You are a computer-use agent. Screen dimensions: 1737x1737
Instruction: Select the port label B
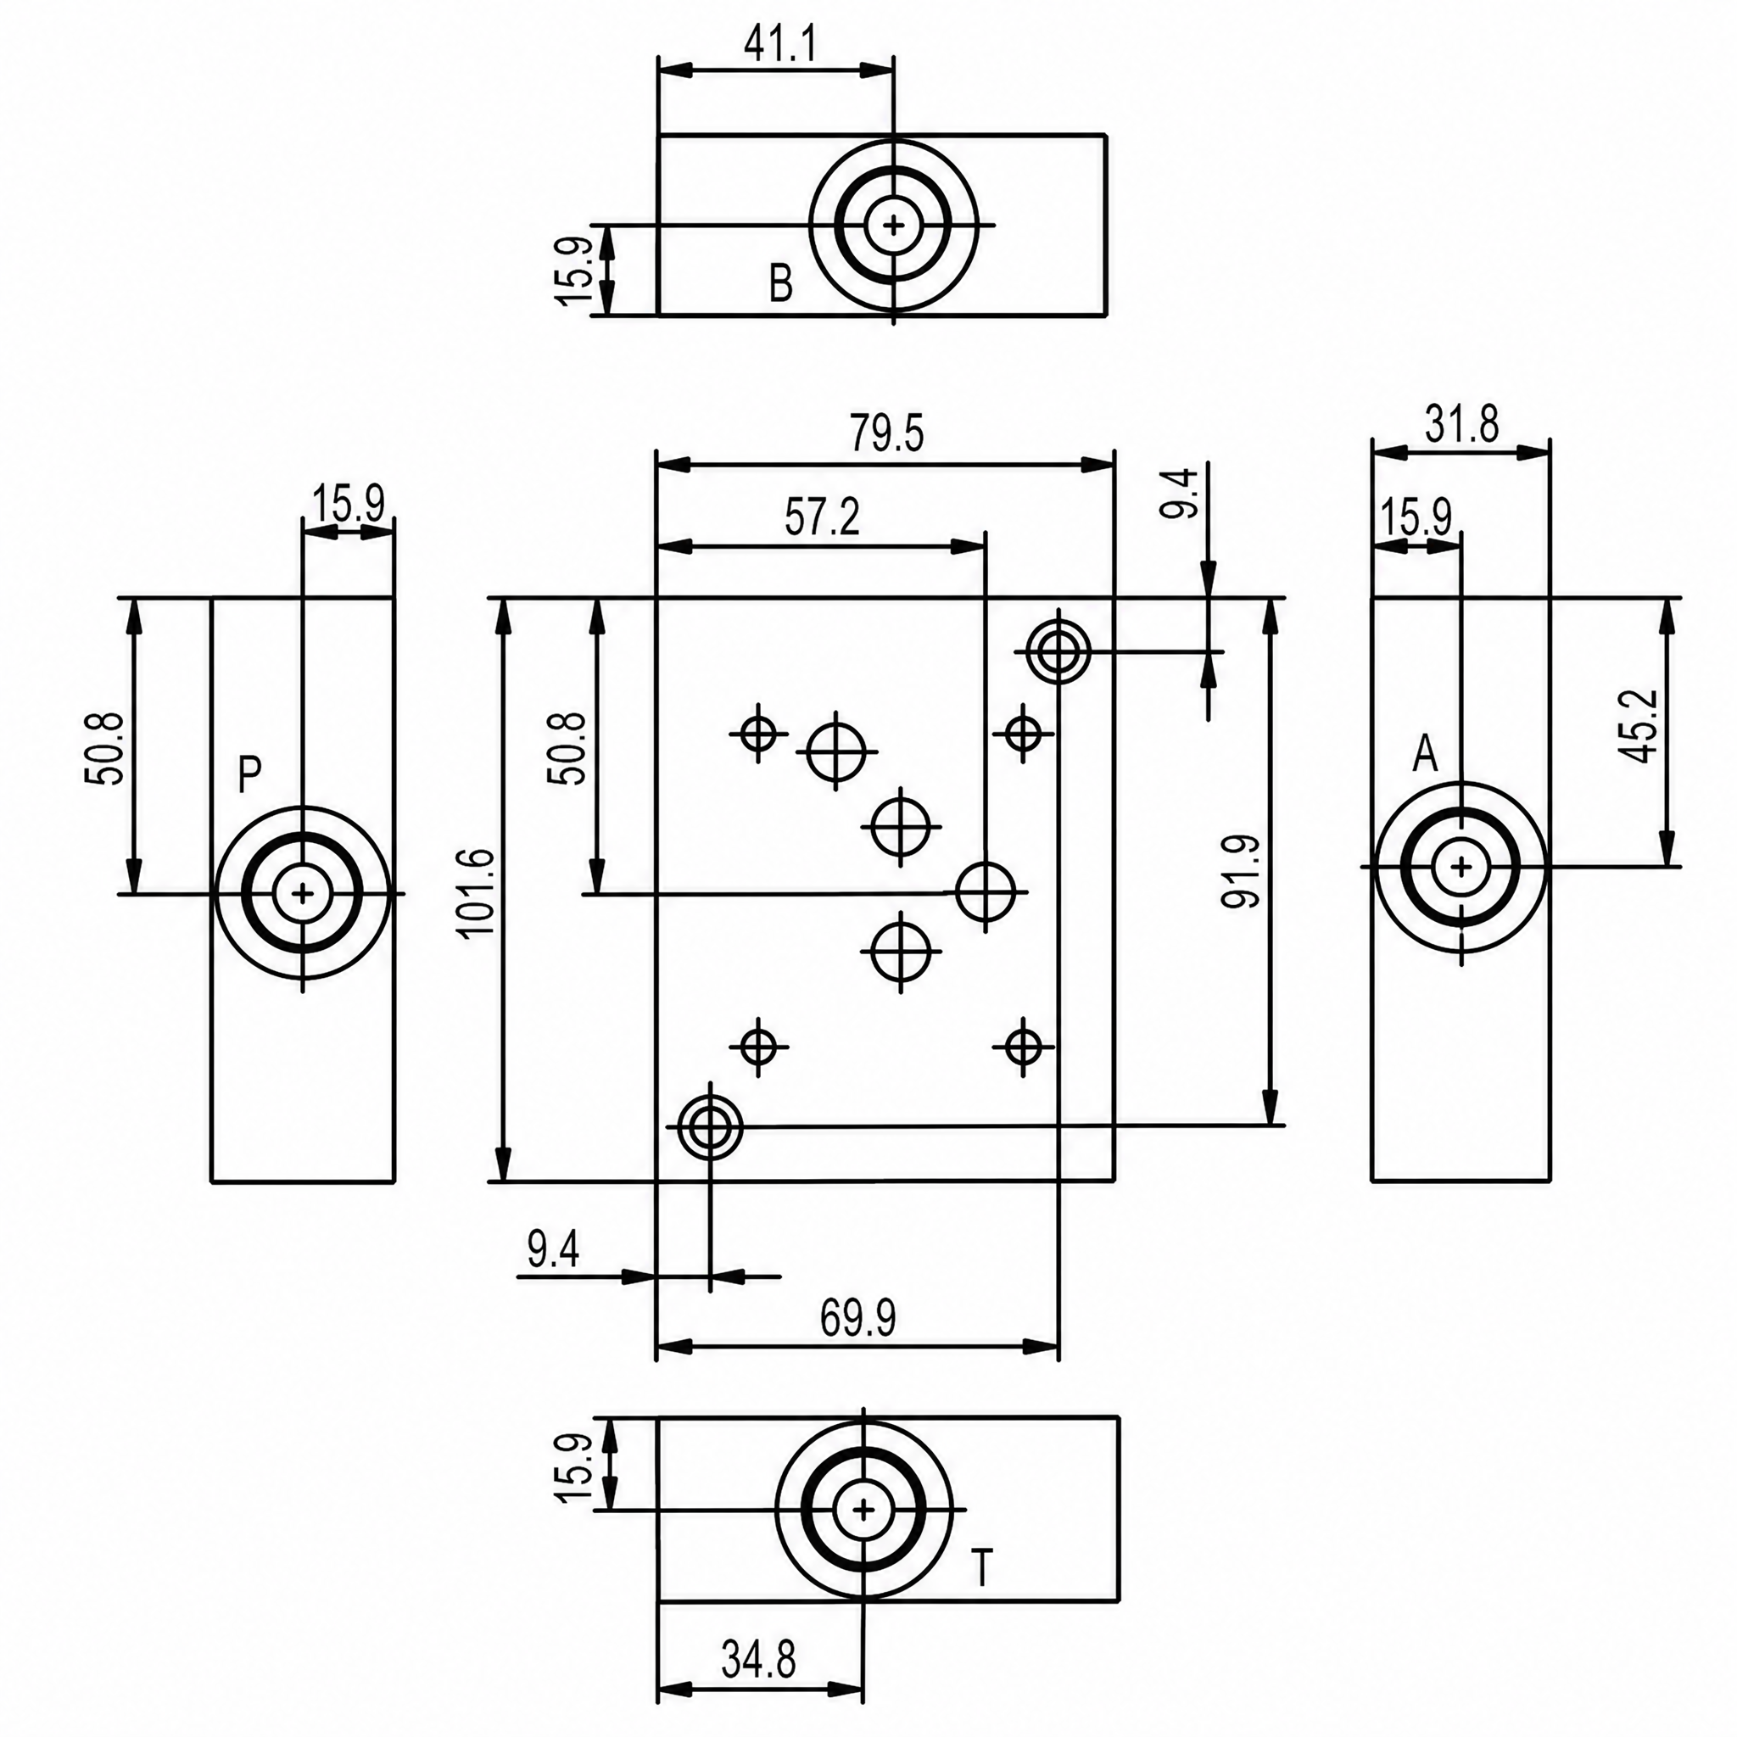(781, 284)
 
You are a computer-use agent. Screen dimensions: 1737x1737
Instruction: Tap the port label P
(250, 775)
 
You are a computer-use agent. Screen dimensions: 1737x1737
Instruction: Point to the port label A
(1425, 755)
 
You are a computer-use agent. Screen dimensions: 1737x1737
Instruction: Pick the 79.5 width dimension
(887, 434)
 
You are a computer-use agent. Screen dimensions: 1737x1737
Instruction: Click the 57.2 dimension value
(822, 519)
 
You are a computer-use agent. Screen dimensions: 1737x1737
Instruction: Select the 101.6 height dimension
(478, 893)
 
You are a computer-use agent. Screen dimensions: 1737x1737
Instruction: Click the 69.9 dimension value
(858, 1319)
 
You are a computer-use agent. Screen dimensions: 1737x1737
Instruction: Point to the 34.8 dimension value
(759, 1660)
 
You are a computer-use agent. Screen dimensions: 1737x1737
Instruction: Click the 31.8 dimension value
(1463, 424)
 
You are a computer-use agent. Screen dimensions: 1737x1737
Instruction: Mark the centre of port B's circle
(893, 224)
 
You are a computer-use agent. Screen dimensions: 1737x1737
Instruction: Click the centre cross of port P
(303, 894)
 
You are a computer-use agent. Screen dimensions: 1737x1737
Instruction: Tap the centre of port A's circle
(1461, 867)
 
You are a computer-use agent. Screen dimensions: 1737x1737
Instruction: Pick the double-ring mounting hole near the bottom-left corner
(710, 1125)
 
